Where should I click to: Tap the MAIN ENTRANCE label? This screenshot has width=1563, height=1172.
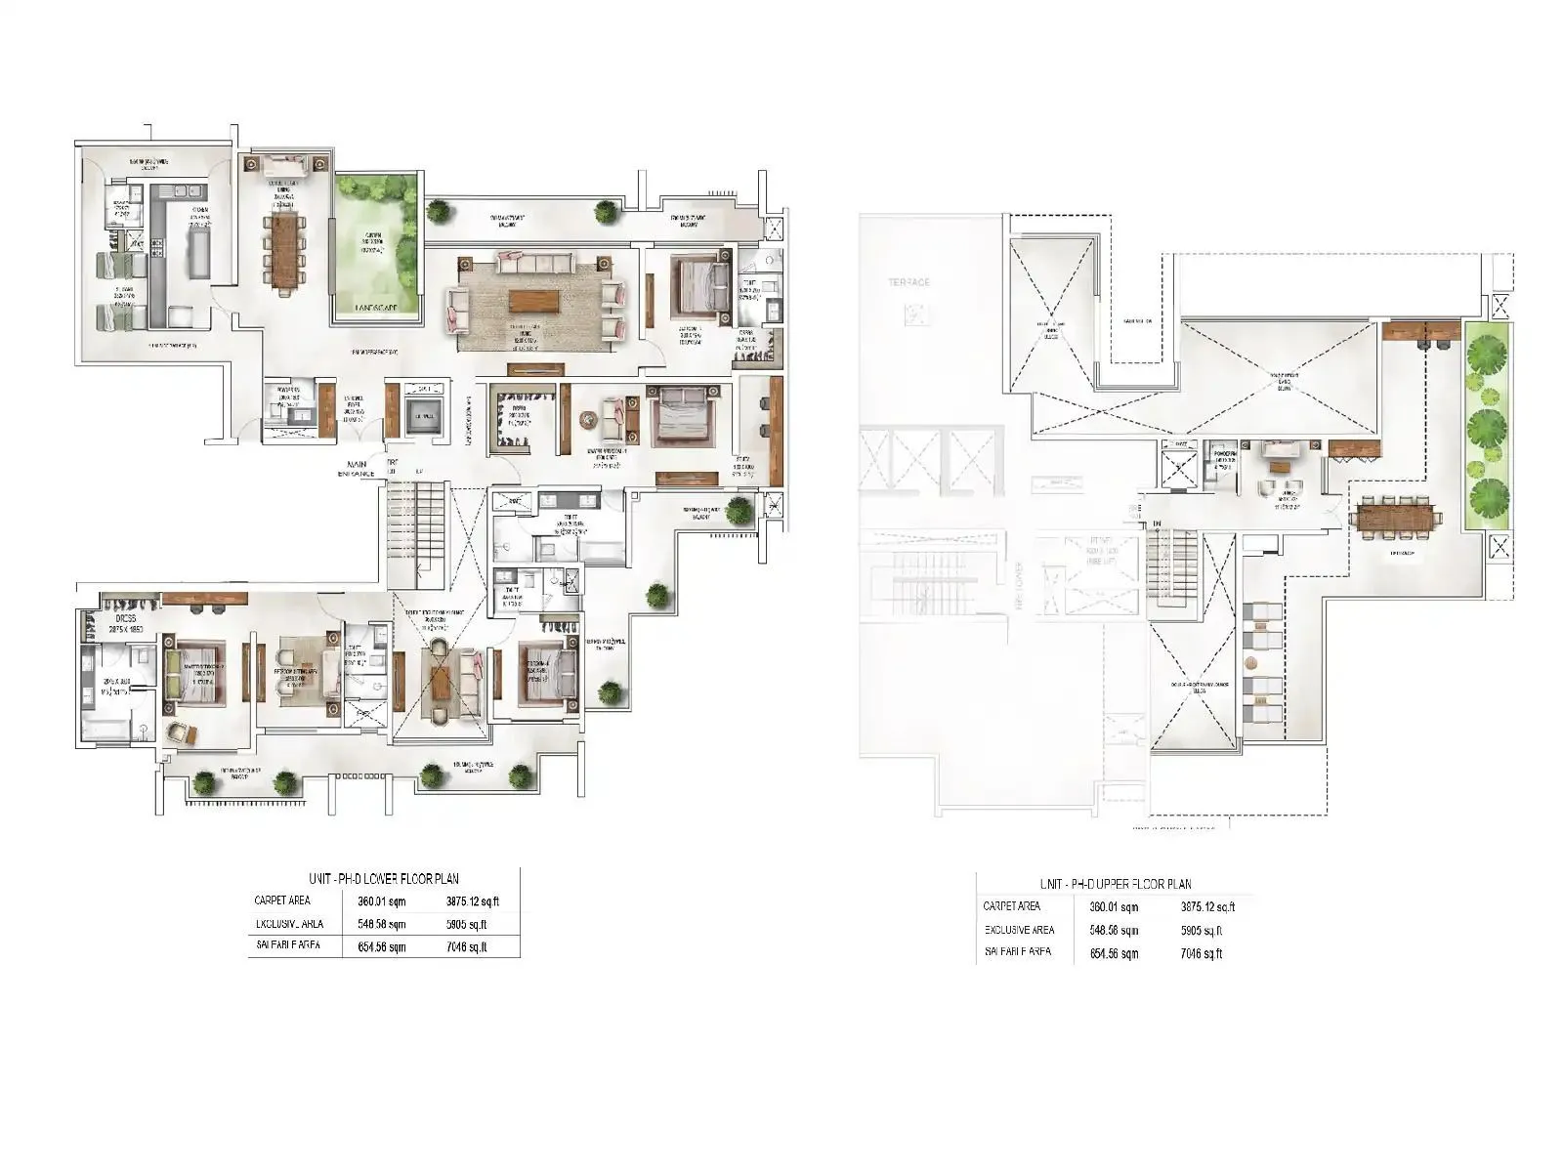(x=356, y=469)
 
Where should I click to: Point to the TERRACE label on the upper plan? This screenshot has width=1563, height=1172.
(x=908, y=282)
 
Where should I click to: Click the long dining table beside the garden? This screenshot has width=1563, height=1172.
(x=283, y=251)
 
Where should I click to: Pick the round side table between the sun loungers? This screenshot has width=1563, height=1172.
(x=1251, y=663)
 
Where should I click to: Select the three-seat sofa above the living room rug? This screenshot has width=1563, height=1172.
(x=533, y=262)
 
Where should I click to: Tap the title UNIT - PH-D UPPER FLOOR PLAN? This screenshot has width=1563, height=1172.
(x=1116, y=885)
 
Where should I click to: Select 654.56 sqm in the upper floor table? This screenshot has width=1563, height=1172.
(x=1114, y=954)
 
